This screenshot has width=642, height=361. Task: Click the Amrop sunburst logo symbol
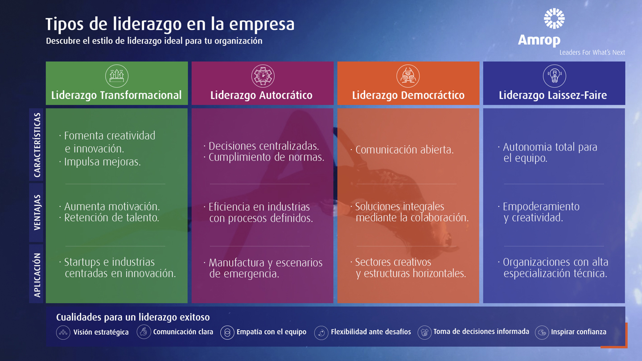pyautogui.click(x=554, y=18)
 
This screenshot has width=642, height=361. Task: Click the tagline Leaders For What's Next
pyautogui.click(x=592, y=53)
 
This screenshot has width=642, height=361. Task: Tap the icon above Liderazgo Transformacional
pyautogui.click(x=117, y=76)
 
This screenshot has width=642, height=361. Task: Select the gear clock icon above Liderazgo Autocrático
pyautogui.click(x=263, y=76)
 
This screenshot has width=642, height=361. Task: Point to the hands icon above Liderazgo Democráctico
pyautogui.click(x=408, y=76)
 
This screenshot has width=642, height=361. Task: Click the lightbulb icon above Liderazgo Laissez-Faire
pyautogui.click(x=554, y=76)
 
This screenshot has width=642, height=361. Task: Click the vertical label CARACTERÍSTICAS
pyautogui.click(x=37, y=145)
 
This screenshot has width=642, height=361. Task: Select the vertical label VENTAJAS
pyautogui.click(x=37, y=212)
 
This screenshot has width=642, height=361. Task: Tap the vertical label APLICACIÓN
pyautogui.click(x=37, y=275)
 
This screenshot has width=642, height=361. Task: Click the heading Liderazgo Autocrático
pyautogui.click(x=261, y=95)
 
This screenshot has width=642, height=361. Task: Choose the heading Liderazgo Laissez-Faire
pyautogui.click(x=553, y=95)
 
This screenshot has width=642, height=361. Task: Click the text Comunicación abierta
pyautogui.click(x=404, y=150)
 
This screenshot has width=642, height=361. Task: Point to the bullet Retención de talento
pyautogui.click(x=111, y=218)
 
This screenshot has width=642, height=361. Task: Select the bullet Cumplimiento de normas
pyautogui.click(x=266, y=157)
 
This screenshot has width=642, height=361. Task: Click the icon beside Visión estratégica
pyautogui.click(x=63, y=332)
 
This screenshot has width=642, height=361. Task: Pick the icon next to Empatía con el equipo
pyautogui.click(x=227, y=332)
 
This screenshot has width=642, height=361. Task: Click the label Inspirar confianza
pyautogui.click(x=579, y=332)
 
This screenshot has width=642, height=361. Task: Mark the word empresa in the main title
pyautogui.click(x=262, y=24)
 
